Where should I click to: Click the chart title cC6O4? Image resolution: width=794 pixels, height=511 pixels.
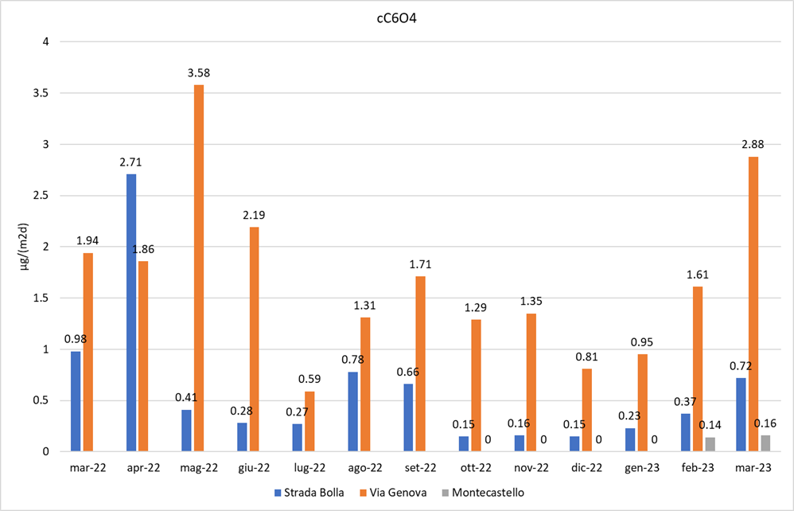click(x=397, y=18)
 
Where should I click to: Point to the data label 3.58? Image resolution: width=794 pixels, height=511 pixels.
click(x=198, y=73)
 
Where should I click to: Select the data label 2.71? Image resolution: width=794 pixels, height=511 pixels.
click(x=130, y=162)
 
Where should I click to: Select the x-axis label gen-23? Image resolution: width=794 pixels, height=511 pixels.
click(x=641, y=468)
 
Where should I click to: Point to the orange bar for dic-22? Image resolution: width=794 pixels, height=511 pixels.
click(x=586, y=410)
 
